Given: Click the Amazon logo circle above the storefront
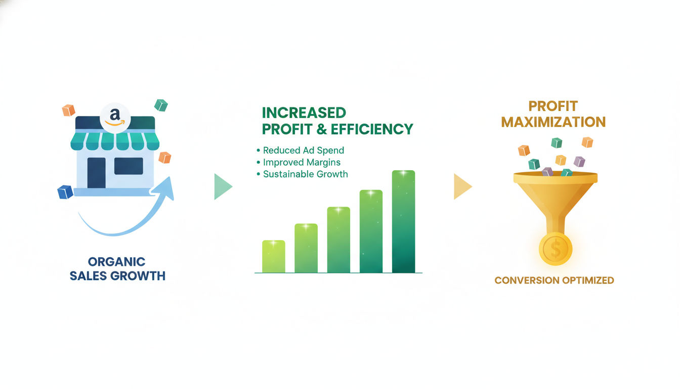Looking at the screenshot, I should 115,118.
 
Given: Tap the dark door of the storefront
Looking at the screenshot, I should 96,173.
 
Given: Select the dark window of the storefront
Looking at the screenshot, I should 129,166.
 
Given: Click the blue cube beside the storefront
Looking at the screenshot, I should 65,192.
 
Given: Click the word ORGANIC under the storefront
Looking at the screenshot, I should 117,262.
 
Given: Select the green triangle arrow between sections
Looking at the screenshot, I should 222,186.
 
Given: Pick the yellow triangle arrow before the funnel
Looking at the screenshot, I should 461,186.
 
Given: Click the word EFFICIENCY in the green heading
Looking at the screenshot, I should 372,129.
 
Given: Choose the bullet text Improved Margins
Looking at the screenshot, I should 302,163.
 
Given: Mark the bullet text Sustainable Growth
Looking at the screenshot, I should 305,174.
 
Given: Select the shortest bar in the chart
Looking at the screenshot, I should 273,257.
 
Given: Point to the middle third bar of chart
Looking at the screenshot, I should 338,240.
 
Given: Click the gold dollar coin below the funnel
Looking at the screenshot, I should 556,249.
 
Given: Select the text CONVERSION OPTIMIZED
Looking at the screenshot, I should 554,280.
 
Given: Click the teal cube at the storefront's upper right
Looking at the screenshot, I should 161,105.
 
